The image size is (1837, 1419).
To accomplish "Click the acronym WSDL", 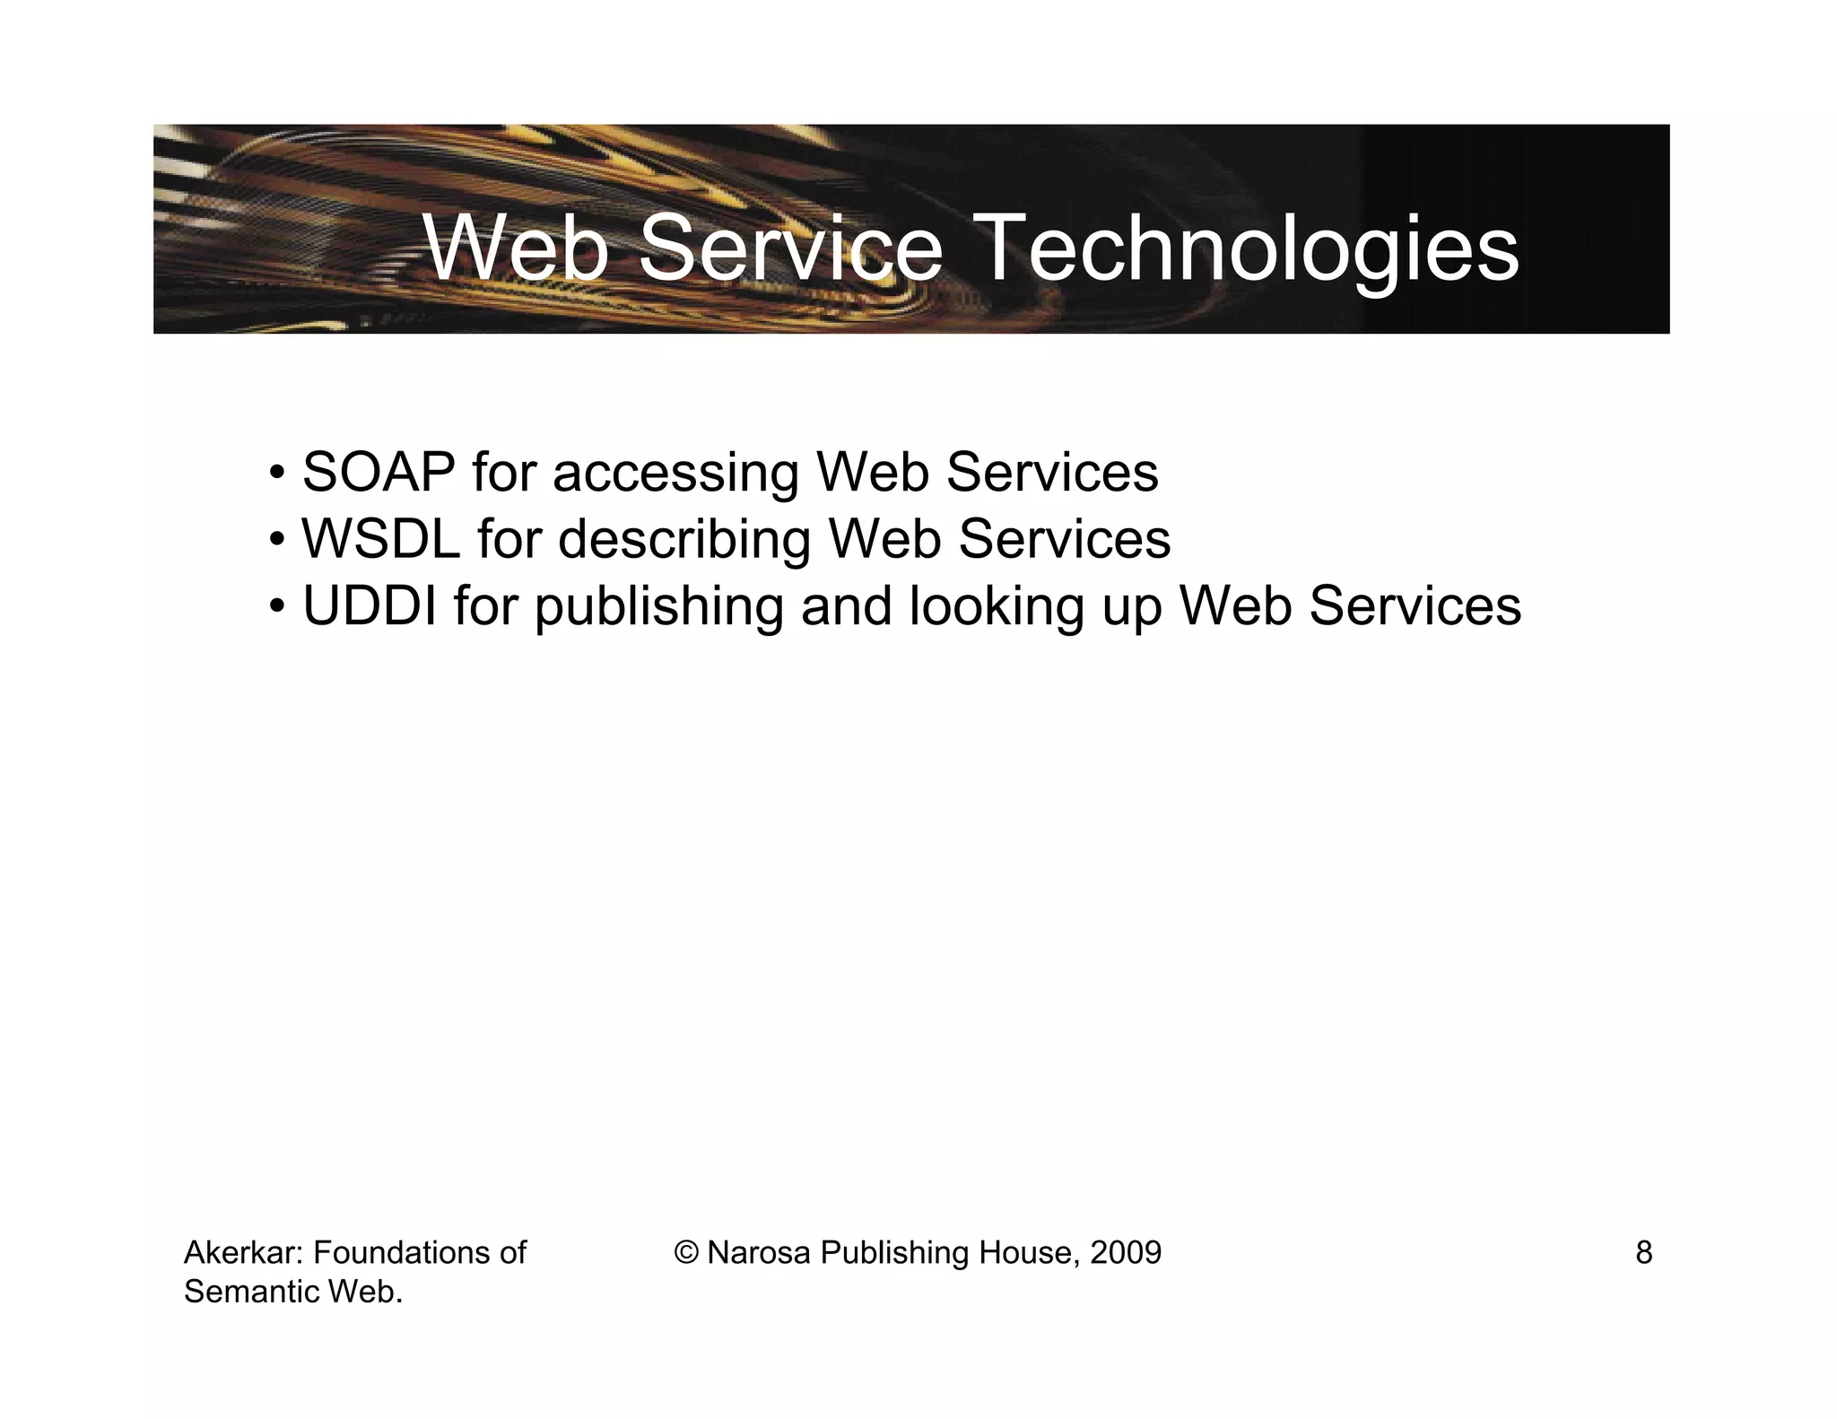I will click(x=380, y=538).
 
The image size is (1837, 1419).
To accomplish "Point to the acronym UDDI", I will click(x=370, y=605).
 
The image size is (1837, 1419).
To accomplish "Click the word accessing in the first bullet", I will click(x=675, y=474).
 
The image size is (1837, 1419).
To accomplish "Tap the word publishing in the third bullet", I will click(x=659, y=606).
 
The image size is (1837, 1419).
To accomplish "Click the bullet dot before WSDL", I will click(x=277, y=540).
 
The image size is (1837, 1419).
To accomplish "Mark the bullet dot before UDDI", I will click(x=277, y=606).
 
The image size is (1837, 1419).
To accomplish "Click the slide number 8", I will click(x=1643, y=1252).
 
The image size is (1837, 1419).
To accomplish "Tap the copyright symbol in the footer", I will click(x=687, y=1252).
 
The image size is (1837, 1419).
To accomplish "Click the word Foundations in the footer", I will click(x=400, y=1252).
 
